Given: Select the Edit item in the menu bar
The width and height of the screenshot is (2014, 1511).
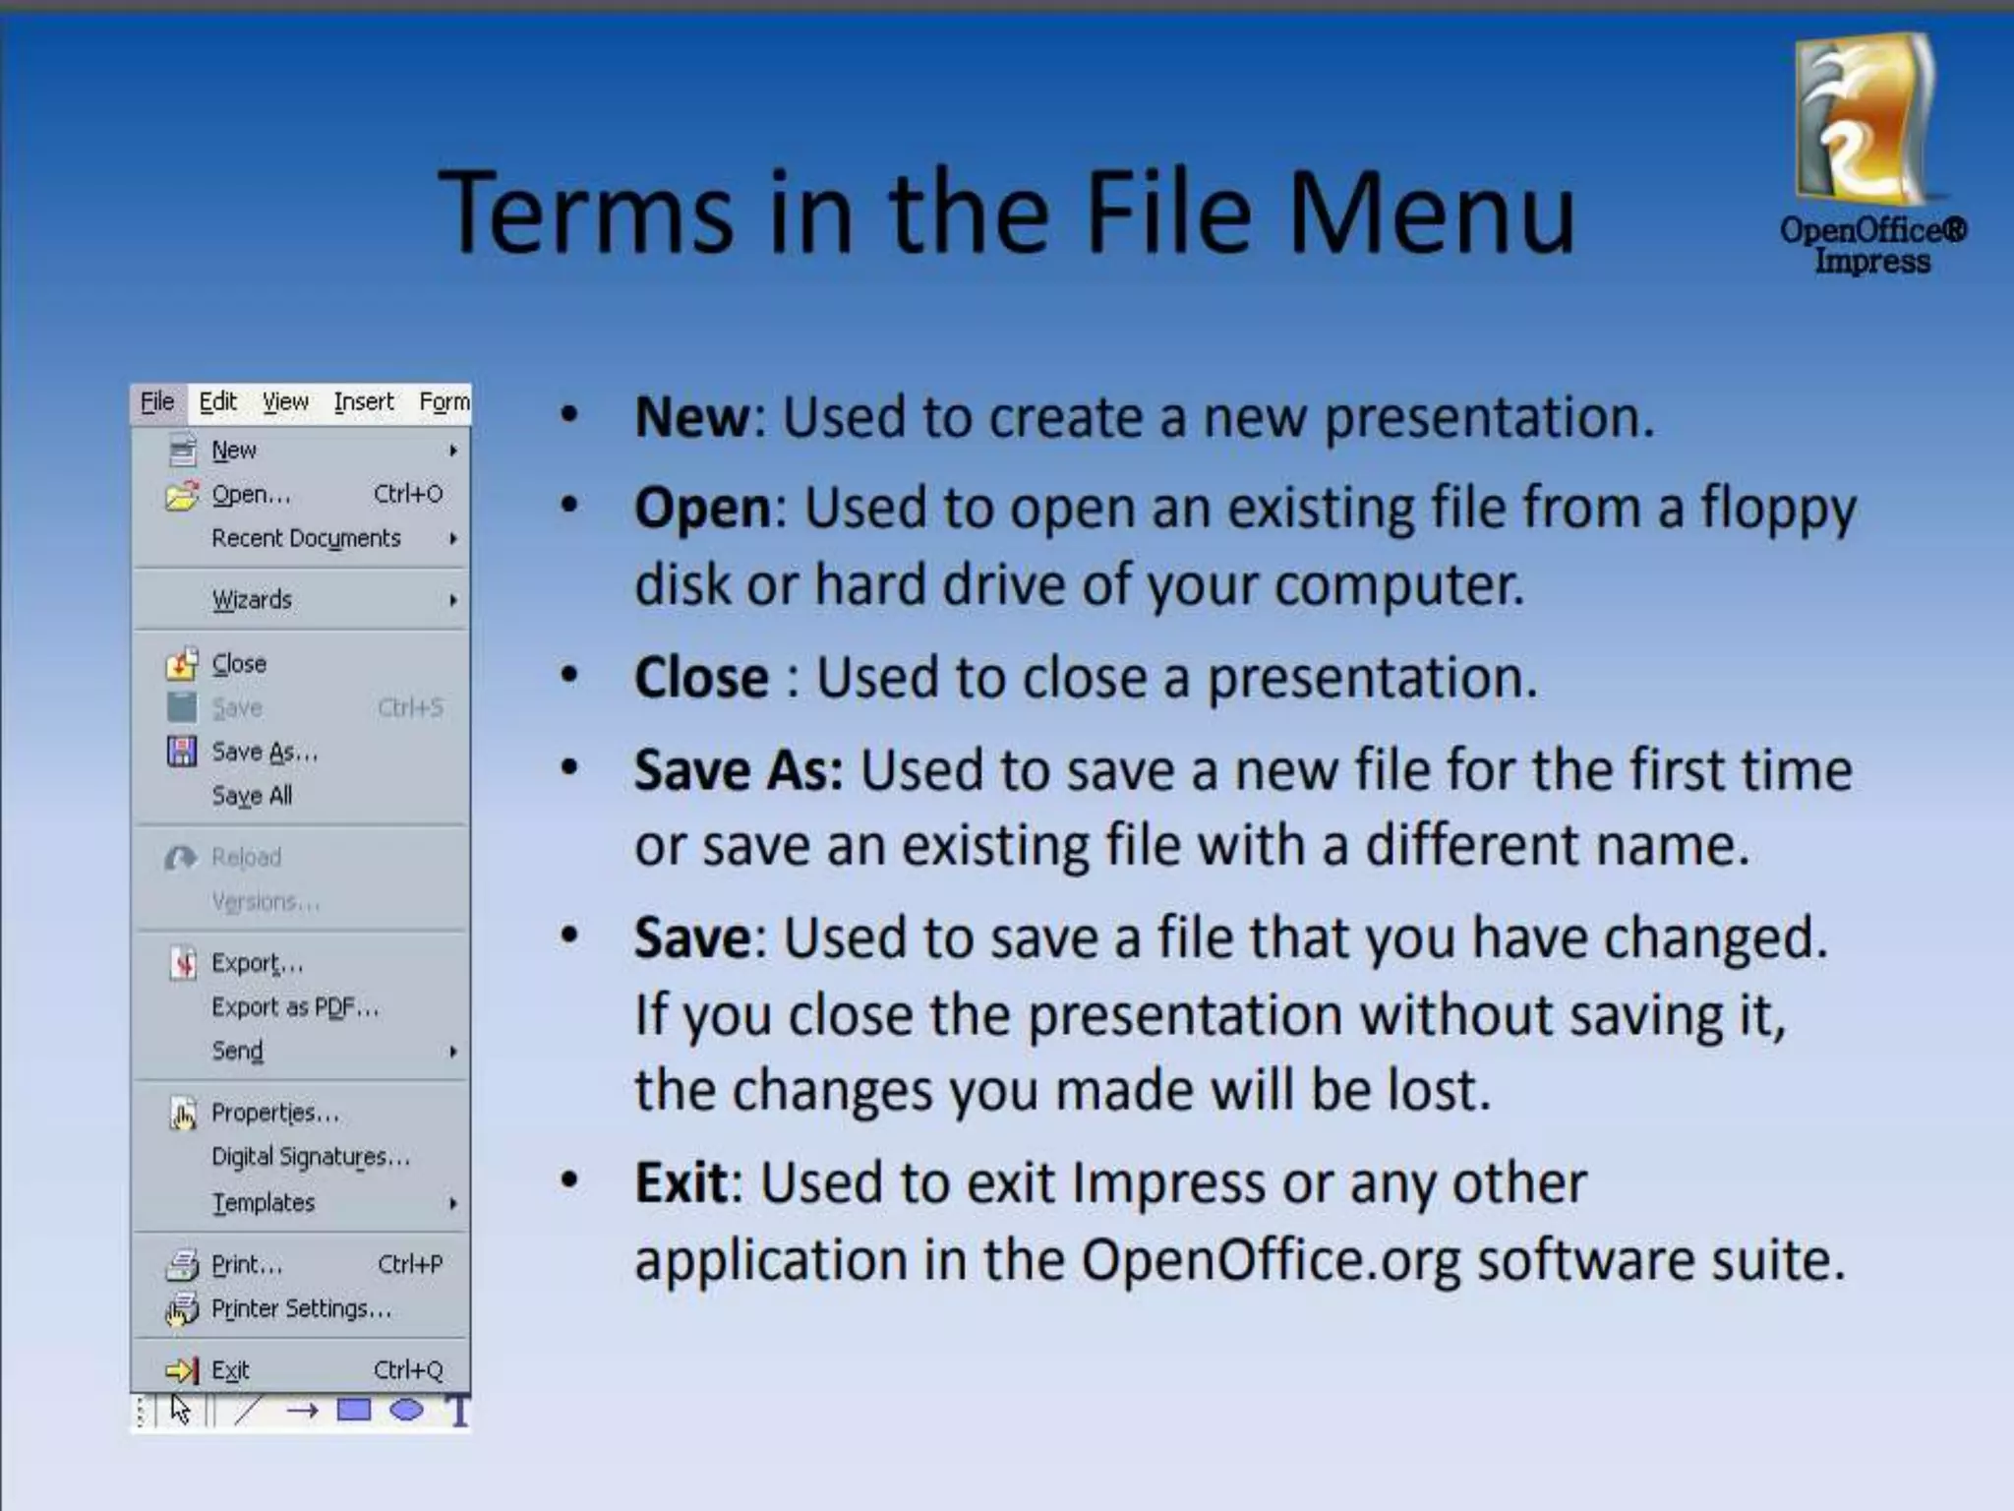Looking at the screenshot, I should point(217,402).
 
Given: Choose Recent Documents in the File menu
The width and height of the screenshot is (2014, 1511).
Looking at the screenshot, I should point(306,538).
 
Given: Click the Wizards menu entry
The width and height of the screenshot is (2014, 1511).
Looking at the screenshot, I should point(252,600).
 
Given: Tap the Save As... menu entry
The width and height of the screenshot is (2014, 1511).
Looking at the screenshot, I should point(265,753).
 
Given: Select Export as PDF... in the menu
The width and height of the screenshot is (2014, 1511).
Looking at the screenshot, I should point(294,1007).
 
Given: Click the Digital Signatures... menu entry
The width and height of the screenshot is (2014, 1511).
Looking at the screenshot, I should point(310,1157).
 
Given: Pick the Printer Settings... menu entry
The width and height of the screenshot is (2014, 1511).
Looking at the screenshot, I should point(301,1309).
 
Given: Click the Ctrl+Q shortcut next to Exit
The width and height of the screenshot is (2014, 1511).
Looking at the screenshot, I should point(408,1370).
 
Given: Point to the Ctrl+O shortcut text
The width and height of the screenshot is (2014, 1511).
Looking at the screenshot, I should point(408,494).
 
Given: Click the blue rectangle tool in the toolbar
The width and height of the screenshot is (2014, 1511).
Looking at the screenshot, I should point(354,1411).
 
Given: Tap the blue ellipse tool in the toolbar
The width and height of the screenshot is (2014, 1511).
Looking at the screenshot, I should point(406,1411).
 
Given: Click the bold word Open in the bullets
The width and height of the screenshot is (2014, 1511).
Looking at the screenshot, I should point(703,509).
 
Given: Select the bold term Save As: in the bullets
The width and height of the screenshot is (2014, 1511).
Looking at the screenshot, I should point(739,769).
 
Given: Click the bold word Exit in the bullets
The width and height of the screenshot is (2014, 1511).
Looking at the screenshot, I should point(681,1182).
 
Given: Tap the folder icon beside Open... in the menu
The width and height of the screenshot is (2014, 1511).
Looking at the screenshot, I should point(182,495).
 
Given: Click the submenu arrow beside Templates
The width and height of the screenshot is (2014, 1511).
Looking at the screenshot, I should point(452,1204).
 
